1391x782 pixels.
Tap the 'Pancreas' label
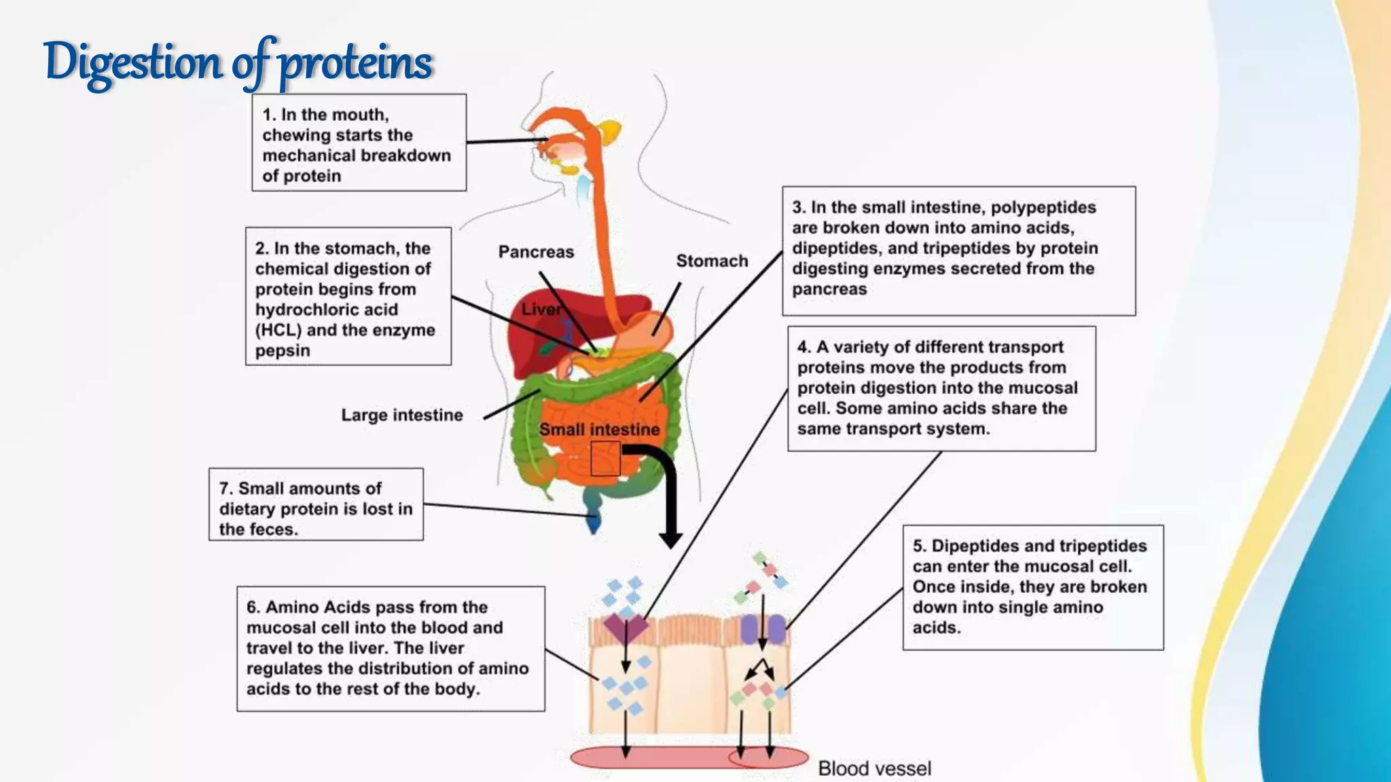point(536,252)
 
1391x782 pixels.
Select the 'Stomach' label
point(712,261)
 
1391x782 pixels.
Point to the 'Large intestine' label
point(402,415)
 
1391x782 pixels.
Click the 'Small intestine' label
point(599,429)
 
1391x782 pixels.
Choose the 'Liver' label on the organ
point(541,310)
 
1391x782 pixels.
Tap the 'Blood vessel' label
point(874,768)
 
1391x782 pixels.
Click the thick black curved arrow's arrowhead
point(671,539)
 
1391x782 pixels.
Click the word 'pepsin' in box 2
point(283,351)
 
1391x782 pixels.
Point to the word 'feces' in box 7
point(276,529)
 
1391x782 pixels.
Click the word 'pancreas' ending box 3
point(829,289)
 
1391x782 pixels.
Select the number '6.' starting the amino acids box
point(253,607)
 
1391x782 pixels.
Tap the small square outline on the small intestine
point(604,458)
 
